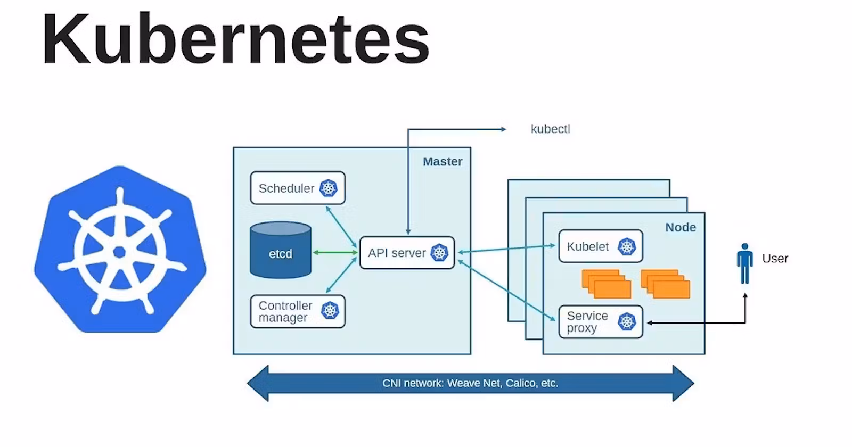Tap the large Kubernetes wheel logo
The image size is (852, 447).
(120, 250)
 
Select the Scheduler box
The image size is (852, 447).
(298, 188)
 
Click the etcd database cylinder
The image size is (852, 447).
(281, 251)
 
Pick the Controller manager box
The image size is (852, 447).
(298, 311)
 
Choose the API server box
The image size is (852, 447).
(407, 253)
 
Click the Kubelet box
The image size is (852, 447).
(601, 246)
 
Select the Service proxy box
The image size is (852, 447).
(601, 322)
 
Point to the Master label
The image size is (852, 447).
(443, 162)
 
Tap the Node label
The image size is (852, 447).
(681, 227)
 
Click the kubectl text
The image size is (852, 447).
(551, 129)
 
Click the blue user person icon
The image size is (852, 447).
(745, 264)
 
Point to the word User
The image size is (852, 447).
(775, 259)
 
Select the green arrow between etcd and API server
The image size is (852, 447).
(335, 252)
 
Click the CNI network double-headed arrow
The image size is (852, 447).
(471, 383)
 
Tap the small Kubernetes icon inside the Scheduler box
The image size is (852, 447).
(328, 188)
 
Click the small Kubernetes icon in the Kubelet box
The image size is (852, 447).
(626, 247)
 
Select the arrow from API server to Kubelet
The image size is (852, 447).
(506, 249)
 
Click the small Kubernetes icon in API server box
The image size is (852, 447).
(439, 253)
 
